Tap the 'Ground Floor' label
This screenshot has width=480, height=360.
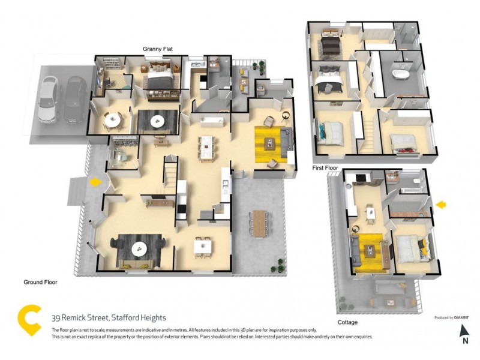[40, 281]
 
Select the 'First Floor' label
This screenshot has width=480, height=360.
[325, 168]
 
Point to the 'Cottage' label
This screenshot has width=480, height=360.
[347, 322]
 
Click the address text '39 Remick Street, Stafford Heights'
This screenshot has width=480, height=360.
[109, 317]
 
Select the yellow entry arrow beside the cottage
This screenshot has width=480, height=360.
[441, 205]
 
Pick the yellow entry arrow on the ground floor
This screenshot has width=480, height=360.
[94, 181]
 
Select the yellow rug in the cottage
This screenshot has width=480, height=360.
[373, 251]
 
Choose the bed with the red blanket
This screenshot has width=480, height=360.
[403, 143]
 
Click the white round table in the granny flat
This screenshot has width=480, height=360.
[112, 120]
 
